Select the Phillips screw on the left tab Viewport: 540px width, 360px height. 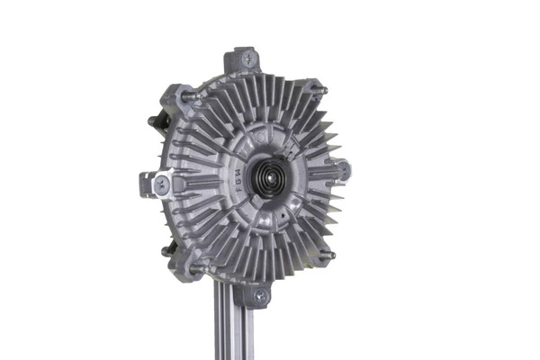click(x=159, y=183)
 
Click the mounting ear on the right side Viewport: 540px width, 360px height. click(x=341, y=169)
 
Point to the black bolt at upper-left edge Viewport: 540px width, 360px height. click(x=153, y=120)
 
